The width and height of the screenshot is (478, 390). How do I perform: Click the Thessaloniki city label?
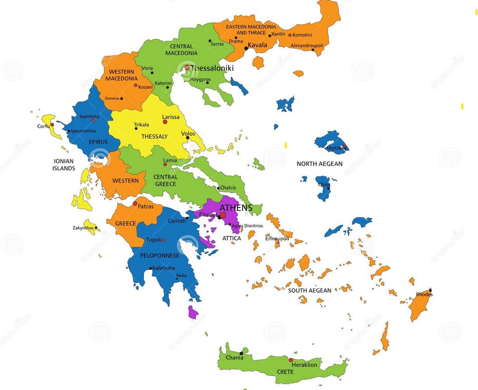pyautogui.click(x=212, y=68)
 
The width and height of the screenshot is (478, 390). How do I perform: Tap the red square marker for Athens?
pyautogui.click(x=223, y=215)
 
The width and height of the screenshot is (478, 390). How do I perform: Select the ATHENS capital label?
pyautogui.click(x=236, y=208)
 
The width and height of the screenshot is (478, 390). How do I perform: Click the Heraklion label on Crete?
pyautogui.click(x=304, y=365)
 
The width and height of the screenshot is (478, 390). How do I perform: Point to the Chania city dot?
pyautogui.click(x=241, y=353)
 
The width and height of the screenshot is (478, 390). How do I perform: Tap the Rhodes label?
pyautogui.click(x=424, y=294)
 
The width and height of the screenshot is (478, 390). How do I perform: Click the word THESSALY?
pyautogui.click(x=155, y=137)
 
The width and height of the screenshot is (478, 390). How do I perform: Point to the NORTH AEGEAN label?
pyautogui.click(x=319, y=164)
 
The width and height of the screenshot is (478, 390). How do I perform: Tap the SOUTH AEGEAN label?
pyautogui.click(x=309, y=290)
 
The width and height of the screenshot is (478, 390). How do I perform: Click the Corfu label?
pyautogui.click(x=43, y=126)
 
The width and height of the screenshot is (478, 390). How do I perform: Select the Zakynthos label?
pyautogui.click(x=83, y=228)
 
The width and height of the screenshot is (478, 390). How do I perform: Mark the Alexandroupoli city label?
pyautogui.click(x=307, y=45)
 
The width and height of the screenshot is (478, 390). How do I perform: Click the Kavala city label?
pyautogui.click(x=258, y=45)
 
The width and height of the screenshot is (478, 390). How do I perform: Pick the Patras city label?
pyautogui.click(x=145, y=206)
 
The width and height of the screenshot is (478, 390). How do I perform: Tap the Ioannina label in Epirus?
pyautogui.click(x=89, y=116)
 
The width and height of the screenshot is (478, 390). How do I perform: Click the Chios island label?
pyautogui.click(x=324, y=185)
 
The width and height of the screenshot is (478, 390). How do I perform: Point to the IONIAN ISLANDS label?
pyautogui.click(x=64, y=164)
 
